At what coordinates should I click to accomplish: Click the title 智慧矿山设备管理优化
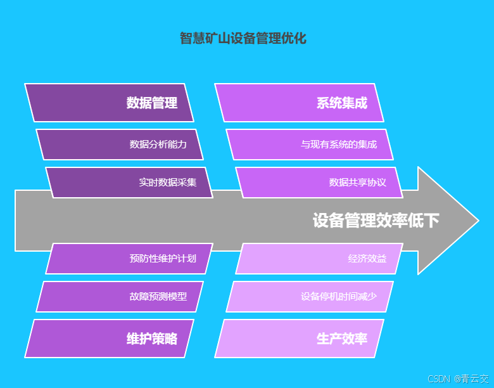pos(243,39)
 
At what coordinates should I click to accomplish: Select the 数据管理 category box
pos(109,103)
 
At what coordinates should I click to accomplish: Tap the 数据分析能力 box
pos(120,145)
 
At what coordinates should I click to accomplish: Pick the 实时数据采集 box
pos(129,183)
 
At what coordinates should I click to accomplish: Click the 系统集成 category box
pos(300,103)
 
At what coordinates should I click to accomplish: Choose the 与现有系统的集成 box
pos(310,145)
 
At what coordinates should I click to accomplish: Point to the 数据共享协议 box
pos(319,183)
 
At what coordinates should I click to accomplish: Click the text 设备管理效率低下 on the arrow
pos(376,221)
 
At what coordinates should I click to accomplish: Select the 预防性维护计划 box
pos(129,259)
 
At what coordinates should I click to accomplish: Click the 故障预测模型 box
pos(120,296)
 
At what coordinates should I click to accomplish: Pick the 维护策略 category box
pos(109,339)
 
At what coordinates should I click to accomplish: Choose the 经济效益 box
pos(319,259)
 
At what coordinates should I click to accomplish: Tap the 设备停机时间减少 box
pos(310,296)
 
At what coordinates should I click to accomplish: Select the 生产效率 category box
pos(300,339)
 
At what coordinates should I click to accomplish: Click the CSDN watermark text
pos(438,378)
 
